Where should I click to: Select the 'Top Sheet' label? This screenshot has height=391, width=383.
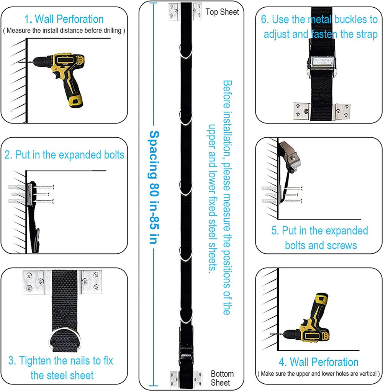click(x=222, y=12)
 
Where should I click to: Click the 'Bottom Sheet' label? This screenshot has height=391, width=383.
click(x=222, y=378)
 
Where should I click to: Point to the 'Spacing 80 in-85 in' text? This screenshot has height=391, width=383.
click(x=154, y=187)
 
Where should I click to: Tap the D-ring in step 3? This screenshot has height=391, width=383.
click(x=65, y=339)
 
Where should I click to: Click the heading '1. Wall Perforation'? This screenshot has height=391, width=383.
click(x=64, y=19)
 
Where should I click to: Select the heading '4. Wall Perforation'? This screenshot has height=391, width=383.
click(x=319, y=362)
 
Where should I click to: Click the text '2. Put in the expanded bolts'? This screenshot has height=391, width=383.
click(x=64, y=155)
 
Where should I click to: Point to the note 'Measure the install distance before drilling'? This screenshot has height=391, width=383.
click(x=64, y=30)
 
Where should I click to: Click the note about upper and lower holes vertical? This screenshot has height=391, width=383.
click(x=319, y=374)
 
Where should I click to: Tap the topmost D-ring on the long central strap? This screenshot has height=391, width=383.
click(x=186, y=51)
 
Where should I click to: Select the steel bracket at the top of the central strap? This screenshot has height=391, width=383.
click(x=185, y=12)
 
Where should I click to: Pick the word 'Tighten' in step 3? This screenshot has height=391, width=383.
click(x=36, y=361)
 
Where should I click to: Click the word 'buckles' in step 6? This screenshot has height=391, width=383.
click(x=350, y=20)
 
